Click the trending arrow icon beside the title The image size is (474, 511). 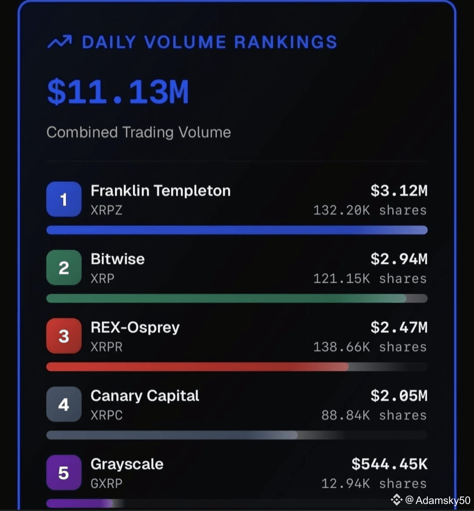59,42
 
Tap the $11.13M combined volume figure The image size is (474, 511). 118,92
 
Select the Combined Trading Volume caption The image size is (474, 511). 138,132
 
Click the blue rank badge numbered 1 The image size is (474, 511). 64,199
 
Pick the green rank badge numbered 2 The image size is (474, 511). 64,268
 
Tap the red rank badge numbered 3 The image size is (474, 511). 64,336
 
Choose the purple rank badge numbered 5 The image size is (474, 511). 64,473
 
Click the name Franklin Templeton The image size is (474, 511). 160,191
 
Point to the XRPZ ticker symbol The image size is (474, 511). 106,210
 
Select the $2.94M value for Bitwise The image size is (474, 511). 399,259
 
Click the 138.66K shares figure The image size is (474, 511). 370,347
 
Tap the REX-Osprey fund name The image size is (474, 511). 135,327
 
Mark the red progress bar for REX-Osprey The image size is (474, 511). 197,367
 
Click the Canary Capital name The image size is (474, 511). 145,396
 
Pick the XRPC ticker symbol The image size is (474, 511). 106,415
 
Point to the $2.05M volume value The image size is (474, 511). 399,396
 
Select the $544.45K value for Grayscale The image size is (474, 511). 389,464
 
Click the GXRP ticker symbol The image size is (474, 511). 106,483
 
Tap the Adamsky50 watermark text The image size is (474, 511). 442,500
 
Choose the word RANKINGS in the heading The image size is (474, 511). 285,42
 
